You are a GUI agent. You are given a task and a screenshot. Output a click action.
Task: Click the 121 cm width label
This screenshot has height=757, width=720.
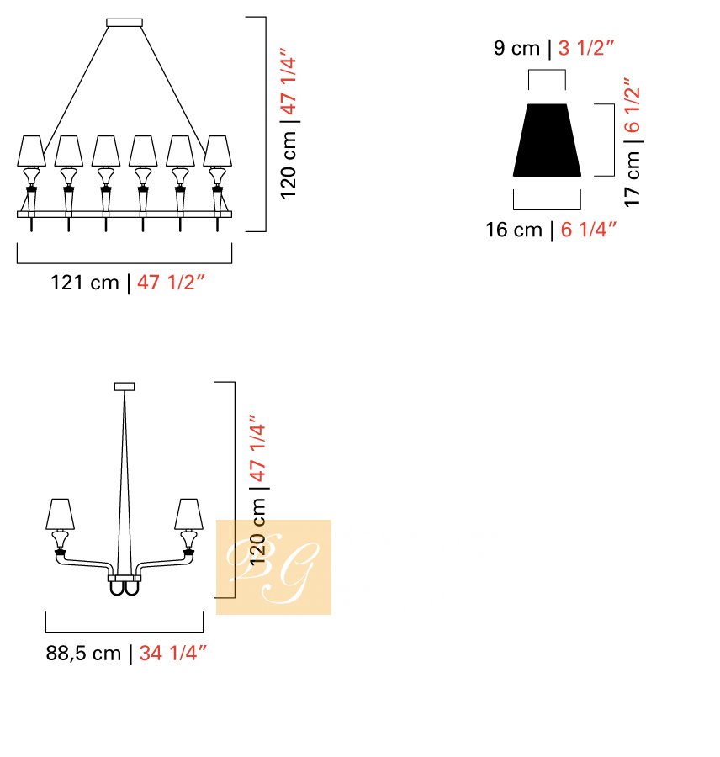pos(84,283)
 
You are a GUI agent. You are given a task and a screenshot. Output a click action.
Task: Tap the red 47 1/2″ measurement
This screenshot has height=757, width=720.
pos(171,283)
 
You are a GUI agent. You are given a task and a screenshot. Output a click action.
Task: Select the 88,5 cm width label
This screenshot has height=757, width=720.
pos(83,654)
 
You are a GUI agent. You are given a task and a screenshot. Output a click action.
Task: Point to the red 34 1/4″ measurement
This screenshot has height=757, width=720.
pos(173,654)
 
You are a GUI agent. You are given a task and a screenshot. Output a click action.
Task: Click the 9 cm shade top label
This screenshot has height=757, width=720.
pos(516,48)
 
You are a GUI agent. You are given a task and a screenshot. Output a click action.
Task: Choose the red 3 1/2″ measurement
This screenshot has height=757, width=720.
pos(585,48)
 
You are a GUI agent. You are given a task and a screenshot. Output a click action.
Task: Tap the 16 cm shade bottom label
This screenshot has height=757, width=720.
pos(514,230)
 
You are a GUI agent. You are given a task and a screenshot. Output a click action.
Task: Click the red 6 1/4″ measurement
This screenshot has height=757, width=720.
pos(589,230)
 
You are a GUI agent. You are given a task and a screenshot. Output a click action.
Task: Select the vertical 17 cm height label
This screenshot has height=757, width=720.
pos(633,178)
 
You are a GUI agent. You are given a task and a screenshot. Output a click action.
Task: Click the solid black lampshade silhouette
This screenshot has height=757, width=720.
pos(547,140)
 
